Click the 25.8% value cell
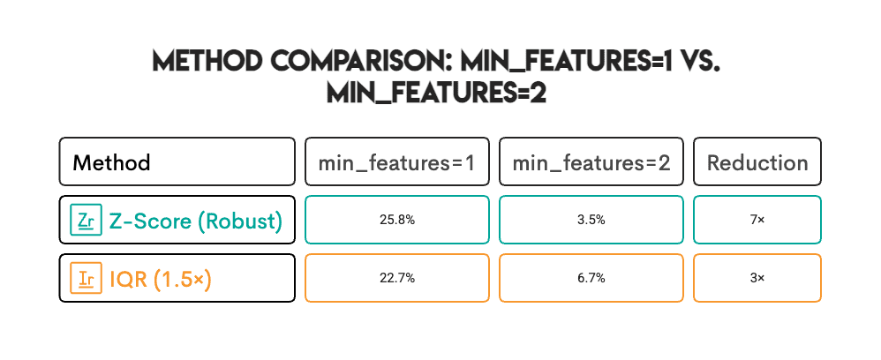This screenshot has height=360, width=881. tap(396, 220)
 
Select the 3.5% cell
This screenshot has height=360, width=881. tap(591, 220)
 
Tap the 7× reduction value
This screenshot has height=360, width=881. tap(757, 220)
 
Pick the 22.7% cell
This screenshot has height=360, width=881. tap(396, 278)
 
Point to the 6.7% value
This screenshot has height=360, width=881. tap(591, 278)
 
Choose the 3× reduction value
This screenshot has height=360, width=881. tap(757, 278)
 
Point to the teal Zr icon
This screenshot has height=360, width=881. tap(86, 220)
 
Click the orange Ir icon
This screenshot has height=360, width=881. tap(86, 278)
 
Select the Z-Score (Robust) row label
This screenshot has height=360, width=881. tap(195, 221)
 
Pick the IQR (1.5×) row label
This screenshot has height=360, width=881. tap(160, 279)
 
